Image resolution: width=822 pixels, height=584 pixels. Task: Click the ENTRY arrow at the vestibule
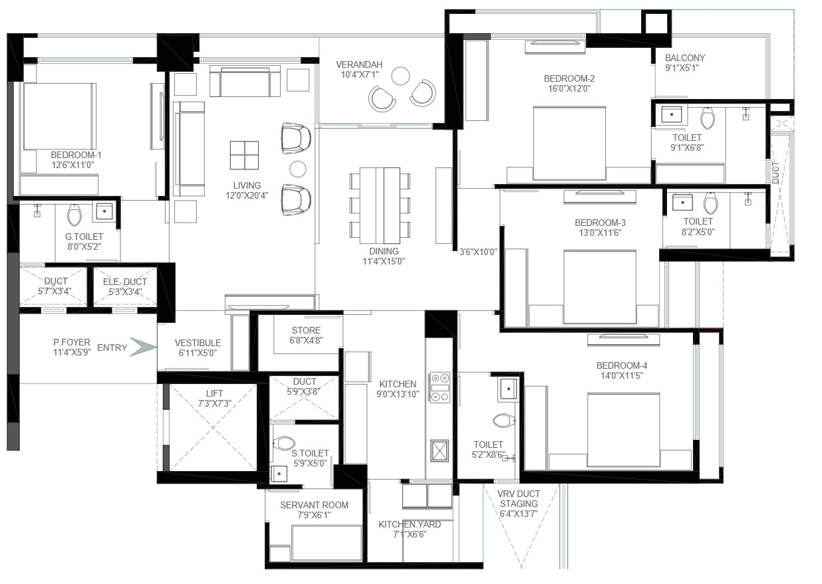(x=144, y=347)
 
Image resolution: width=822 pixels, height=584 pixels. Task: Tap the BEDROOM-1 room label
(x=76, y=155)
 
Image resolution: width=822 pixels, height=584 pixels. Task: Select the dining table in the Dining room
(x=380, y=206)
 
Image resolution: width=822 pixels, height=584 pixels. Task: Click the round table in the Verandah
(x=400, y=76)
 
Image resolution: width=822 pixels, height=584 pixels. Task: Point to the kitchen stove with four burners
(x=440, y=388)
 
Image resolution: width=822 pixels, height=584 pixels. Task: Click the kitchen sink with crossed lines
(x=440, y=450)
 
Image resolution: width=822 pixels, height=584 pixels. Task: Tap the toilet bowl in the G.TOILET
(x=74, y=215)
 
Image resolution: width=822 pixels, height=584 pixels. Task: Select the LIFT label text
(x=214, y=393)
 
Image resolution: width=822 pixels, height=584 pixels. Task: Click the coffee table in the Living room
(x=244, y=155)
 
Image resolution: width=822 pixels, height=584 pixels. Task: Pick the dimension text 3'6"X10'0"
(x=478, y=252)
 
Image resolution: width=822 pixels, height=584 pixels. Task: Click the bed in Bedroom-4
(x=623, y=430)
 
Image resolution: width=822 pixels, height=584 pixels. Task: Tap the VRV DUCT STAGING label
(x=519, y=498)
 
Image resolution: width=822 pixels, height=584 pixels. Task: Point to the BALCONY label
(x=685, y=58)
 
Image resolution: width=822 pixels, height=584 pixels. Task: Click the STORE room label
(x=306, y=330)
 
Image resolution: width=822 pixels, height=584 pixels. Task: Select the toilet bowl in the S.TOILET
(x=284, y=443)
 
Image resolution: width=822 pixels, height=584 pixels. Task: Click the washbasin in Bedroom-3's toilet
(x=682, y=203)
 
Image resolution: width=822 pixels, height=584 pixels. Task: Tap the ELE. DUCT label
(x=125, y=282)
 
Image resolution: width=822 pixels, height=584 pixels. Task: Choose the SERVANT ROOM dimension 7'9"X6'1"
(x=314, y=515)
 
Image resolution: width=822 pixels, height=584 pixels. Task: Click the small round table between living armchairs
(x=297, y=169)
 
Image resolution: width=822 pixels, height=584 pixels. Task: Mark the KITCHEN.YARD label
(x=410, y=524)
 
